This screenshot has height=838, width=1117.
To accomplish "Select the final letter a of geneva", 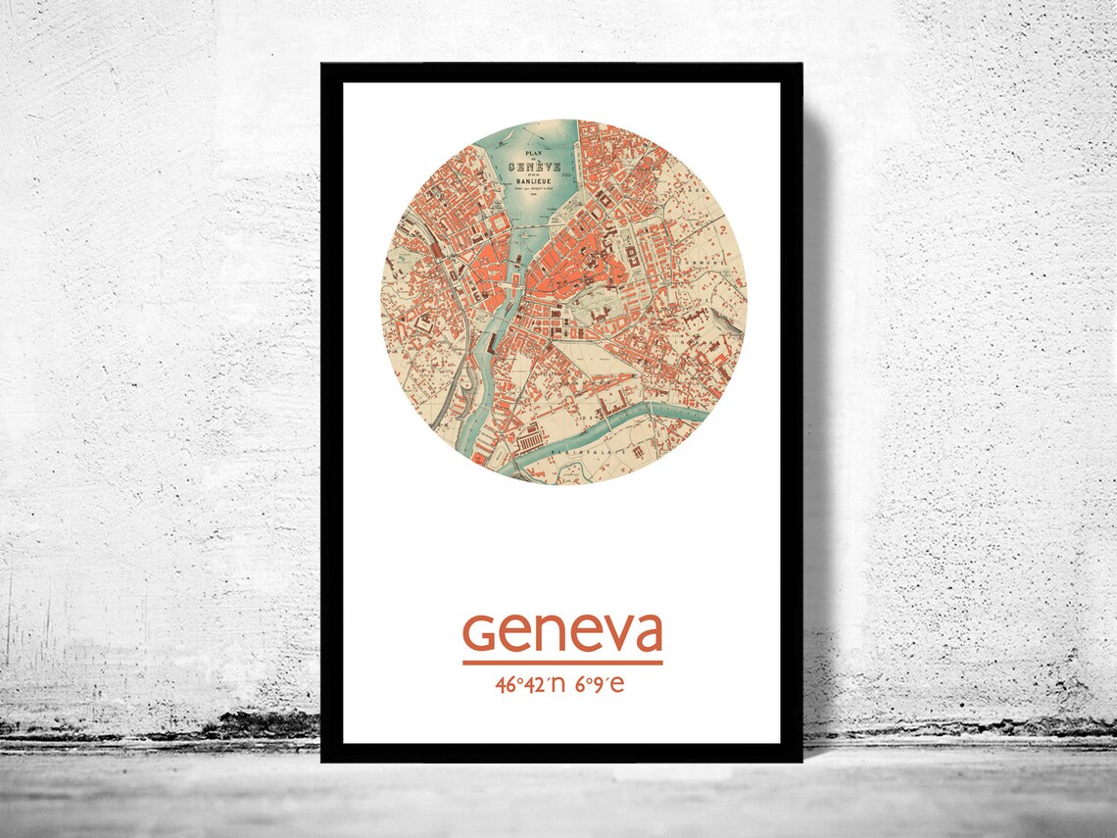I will click(x=647, y=636).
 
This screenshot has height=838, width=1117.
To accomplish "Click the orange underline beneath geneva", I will click(x=562, y=664).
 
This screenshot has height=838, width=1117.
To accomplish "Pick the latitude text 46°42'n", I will click(x=532, y=684).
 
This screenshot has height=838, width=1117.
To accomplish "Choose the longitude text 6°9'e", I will click(x=600, y=684).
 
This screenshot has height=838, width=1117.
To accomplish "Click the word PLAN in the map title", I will click(x=533, y=155).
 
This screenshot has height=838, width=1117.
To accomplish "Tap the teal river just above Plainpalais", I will click(x=627, y=419).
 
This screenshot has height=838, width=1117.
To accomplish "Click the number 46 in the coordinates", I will click(x=506, y=684).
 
